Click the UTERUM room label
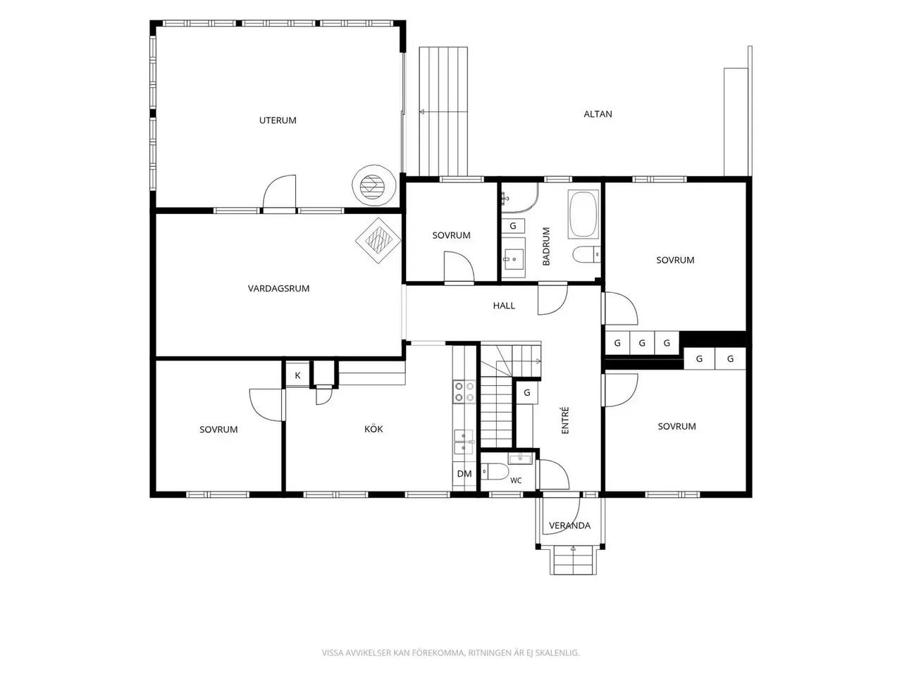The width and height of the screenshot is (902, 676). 278,120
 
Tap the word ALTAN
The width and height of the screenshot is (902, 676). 598,114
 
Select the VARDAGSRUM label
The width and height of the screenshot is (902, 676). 278,289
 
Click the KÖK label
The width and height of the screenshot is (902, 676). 373,429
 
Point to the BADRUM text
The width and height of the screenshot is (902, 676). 545,246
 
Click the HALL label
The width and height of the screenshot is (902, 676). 504,306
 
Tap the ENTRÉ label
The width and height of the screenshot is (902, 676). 565,420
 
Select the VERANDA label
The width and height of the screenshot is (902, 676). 569,525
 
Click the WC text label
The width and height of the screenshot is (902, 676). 516,481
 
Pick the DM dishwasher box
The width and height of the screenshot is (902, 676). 464,474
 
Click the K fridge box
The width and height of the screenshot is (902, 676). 297,375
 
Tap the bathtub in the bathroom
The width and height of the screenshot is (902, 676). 583,214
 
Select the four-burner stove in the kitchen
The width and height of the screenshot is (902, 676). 464,392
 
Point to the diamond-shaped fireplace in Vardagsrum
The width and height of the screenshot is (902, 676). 378,241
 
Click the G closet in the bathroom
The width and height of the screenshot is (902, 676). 513,226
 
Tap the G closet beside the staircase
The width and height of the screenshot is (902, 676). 527,393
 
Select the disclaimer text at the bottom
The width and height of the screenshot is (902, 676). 451,653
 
